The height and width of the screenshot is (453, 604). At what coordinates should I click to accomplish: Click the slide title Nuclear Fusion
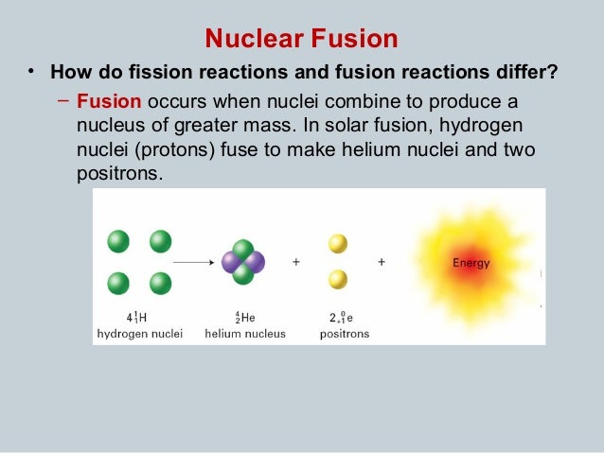pos(301,40)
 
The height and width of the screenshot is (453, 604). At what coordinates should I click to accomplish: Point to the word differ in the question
pos(525,73)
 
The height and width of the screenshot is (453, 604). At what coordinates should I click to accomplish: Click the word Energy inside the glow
pos(471,263)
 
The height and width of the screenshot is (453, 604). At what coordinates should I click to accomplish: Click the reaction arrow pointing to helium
pos(193,261)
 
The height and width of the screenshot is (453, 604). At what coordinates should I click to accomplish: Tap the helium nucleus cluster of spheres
pos(243,262)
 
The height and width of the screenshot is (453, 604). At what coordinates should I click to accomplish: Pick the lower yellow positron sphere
pos(338,280)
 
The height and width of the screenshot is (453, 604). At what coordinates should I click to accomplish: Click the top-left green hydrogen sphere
pos(118,241)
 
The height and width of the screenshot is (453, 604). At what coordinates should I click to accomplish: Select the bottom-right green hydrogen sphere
pos(160,283)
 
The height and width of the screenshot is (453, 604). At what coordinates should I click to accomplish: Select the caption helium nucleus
pos(243,334)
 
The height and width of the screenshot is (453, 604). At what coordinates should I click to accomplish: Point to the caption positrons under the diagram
pos(344,334)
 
